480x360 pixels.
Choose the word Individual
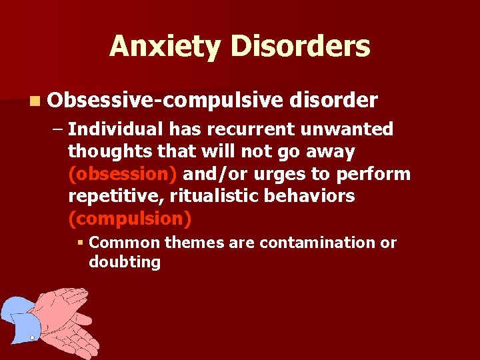pos(116,129)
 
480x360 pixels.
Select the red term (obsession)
pos(123,174)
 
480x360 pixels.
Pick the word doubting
pos(125,262)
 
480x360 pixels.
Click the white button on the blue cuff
pos(32,339)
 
